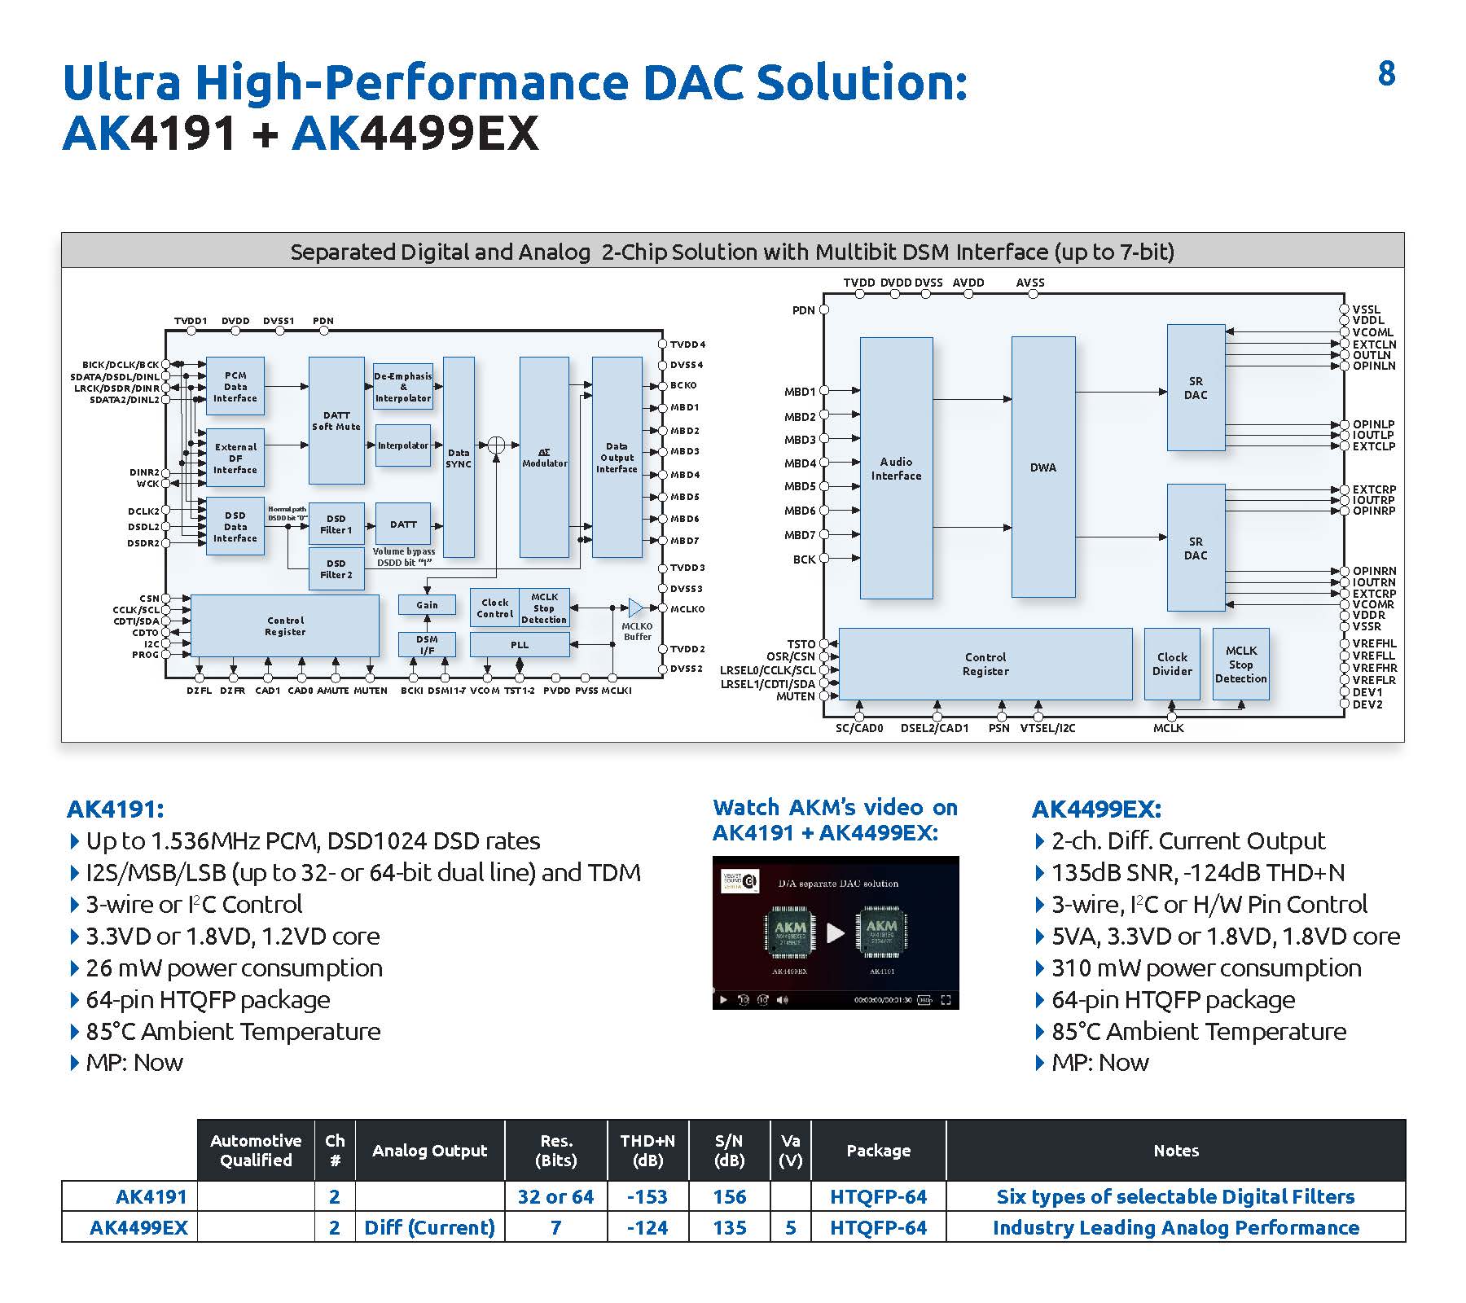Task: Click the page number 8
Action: (1386, 74)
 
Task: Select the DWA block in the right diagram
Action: (1042, 467)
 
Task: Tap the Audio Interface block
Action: (896, 468)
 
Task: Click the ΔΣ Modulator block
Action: (544, 457)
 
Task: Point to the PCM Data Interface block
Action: (235, 387)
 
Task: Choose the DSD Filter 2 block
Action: (336, 568)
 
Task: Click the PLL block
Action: (520, 645)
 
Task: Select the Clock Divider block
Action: (1172, 664)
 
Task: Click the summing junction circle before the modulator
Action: (496, 445)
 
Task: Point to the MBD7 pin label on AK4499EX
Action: (800, 535)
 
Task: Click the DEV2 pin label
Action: (1367, 704)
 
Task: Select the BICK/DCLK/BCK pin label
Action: (121, 365)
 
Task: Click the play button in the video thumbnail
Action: (836, 932)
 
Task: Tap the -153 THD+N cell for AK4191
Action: (647, 1196)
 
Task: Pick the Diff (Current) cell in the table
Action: (429, 1227)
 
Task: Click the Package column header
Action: (878, 1151)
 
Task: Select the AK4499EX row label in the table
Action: (138, 1227)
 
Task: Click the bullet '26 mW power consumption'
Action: (234, 968)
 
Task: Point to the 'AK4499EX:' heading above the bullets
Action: (1096, 809)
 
